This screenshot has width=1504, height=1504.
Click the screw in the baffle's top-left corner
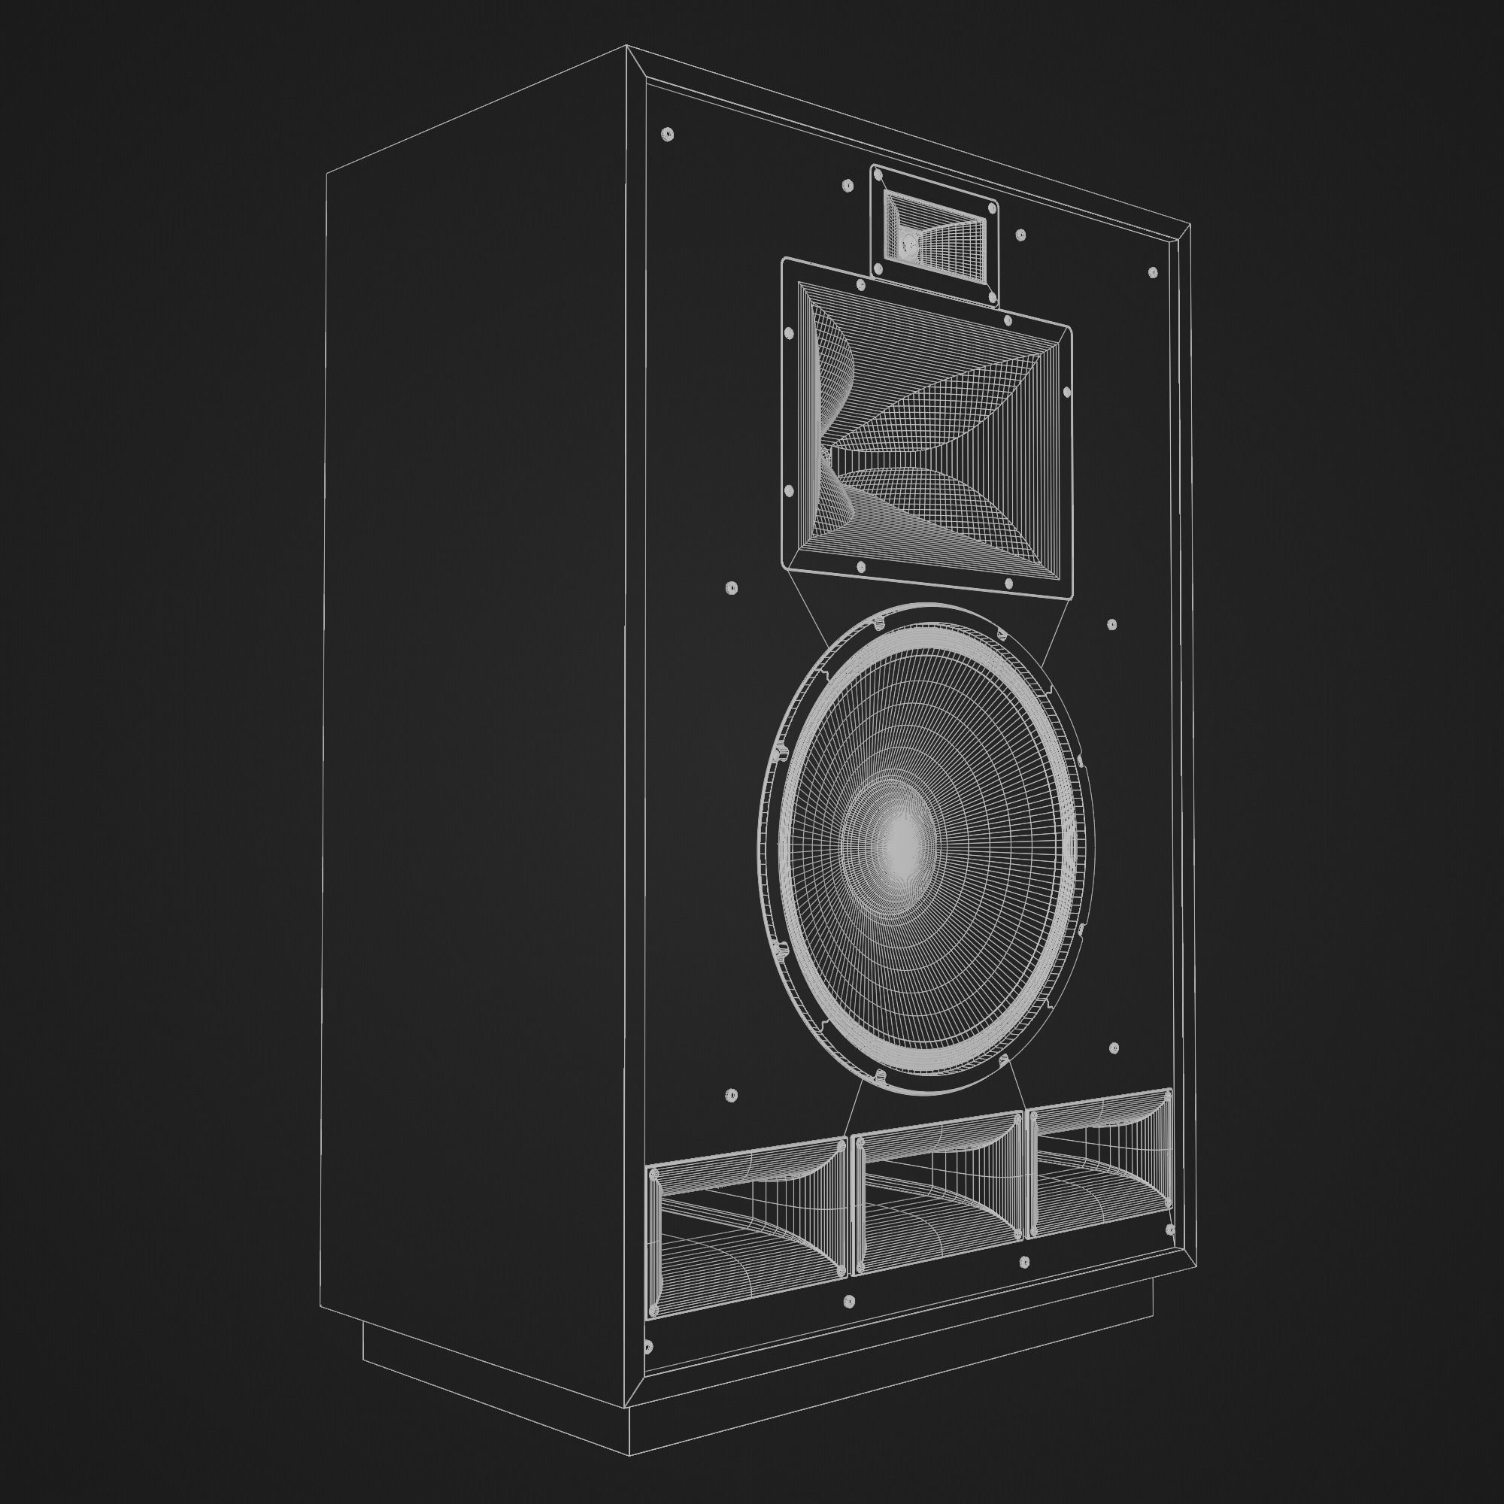(x=666, y=135)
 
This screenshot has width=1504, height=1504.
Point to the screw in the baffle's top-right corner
(x=1153, y=272)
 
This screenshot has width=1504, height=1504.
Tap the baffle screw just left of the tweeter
(x=848, y=186)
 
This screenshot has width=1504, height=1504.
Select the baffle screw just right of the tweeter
(x=1020, y=235)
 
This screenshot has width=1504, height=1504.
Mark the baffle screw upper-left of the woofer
(x=730, y=588)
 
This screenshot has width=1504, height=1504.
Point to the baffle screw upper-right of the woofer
(x=1111, y=624)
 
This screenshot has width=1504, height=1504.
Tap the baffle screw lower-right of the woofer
(x=1113, y=1048)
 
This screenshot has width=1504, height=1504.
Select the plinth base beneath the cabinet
(x=499, y=1370)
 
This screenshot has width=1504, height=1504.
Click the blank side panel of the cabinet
(x=475, y=701)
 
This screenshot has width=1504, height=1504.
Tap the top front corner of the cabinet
(x=627, y=47)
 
